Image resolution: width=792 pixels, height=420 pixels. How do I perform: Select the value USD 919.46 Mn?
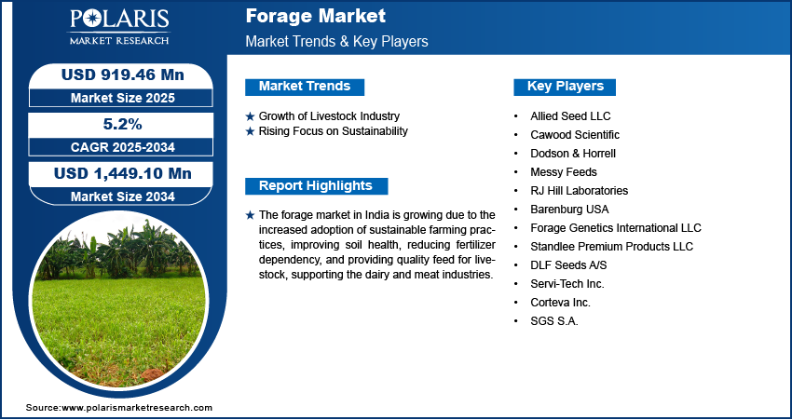pos(122,75)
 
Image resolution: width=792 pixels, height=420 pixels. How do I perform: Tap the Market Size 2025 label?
pos(122,98)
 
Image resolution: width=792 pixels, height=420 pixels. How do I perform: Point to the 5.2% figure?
pos(122,124)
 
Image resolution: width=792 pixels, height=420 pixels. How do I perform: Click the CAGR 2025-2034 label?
pos(122,147)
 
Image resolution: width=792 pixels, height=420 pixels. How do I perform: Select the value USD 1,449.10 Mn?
pos(122,173)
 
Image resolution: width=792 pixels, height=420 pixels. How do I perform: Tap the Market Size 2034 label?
pos(122,196)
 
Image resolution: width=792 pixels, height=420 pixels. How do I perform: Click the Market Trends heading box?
pos(305,87)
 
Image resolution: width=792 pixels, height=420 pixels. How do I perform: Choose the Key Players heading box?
pos(566,87)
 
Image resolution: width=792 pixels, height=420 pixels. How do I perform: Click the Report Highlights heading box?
pos(316,185)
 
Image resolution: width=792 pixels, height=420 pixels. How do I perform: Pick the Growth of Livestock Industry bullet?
pos(328,116)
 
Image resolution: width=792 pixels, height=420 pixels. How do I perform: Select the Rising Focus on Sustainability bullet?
pos(333,131)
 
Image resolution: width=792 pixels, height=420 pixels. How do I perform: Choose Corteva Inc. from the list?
pos(560,303)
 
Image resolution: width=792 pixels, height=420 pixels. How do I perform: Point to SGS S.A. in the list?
pos(554,321)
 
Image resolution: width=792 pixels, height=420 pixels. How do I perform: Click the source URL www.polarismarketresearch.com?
pos(137,408)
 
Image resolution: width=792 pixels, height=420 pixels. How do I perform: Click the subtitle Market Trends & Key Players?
pos(336,42)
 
